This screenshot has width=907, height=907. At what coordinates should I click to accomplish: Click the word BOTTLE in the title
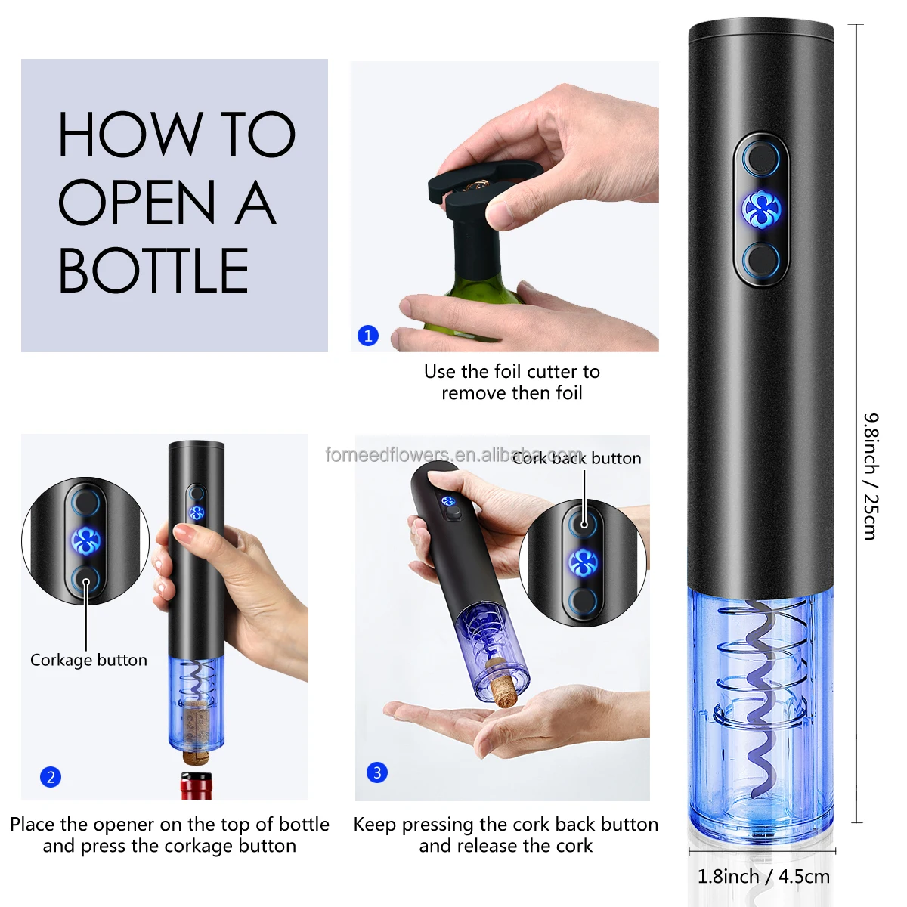pyautogui.click(x=153, y=271)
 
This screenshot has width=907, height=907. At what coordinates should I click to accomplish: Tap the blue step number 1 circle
pyautogui.click(x=368, y=336)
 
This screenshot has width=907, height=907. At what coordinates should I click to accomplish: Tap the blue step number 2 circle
pyautogui.click(x=51, y=777)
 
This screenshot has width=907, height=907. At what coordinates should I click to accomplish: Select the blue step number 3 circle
pyautogui.click(x=377, y=772)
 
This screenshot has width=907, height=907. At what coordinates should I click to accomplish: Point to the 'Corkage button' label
pyautogui.click(x=88, y=660)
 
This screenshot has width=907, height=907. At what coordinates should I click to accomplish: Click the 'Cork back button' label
pyautogui.click(x=577, y=458)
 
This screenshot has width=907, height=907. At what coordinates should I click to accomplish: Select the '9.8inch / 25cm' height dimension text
pyautogui.click(x=871, y=476)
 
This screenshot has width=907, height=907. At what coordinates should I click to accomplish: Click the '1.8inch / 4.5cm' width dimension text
pyautogui.click(x=763, y=876)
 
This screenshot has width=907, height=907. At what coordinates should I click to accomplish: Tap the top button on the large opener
pyautogui.click(x=760, y=159)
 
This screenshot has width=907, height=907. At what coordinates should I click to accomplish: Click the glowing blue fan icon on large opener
pyautogui.click(x=760, y=209)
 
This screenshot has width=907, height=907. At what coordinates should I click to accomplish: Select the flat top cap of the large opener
pyautogui.click(x=760, y=32)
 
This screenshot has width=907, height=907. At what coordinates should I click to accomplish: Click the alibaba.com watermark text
pyautogui.click(x=453, y=455)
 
